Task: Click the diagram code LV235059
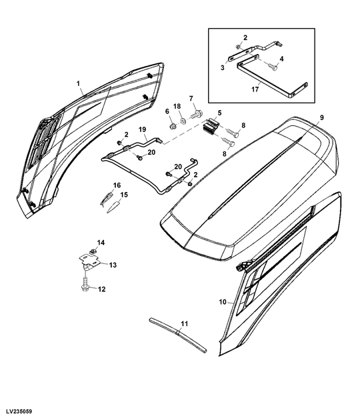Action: pos(19,411)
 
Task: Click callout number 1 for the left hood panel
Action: pos(78,83)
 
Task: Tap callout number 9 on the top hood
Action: pos(322,117)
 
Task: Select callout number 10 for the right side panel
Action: pos(223,302)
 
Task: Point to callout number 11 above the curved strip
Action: pos(184,324)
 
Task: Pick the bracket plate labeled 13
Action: pos(89,261)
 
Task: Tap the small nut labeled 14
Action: pos(93,251)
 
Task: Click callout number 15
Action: pos(124,195)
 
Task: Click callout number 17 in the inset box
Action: pos(255,89)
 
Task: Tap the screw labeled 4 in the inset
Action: pos(272,66)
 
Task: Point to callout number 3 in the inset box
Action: pos(223,67)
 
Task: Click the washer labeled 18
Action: pos(183,121)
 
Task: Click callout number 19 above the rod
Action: pos(142,129)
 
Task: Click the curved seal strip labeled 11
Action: pos(178,334)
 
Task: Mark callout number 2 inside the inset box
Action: pos(245,38)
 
